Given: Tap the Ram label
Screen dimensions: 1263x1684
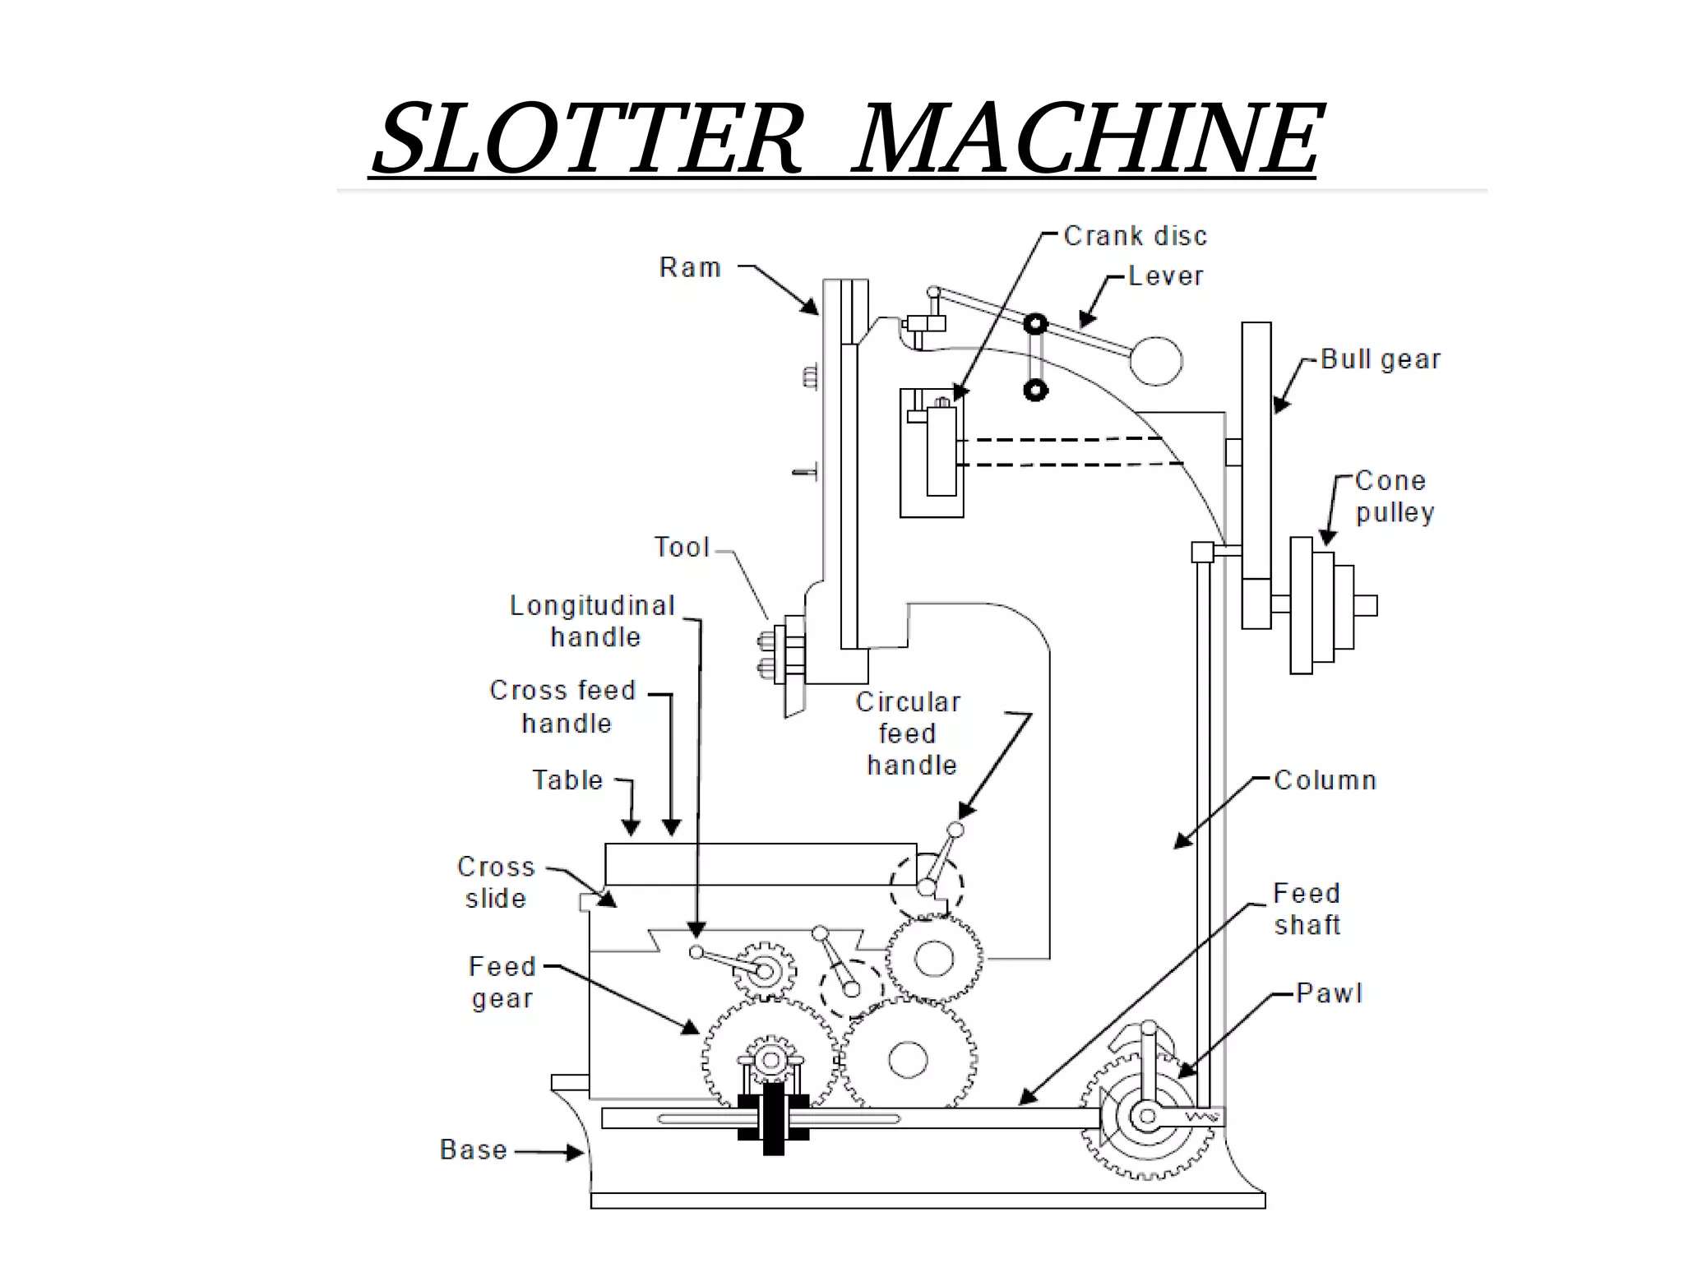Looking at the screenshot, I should pyautogui.click(x=690, y=267).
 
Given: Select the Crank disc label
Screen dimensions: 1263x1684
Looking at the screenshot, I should pyautogui.click(x=1135, y=236).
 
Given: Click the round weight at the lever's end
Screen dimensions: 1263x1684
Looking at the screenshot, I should pyautogui.click(x=1155, y=360).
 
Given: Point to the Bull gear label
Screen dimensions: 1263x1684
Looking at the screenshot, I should pyautogui.click(x=1381, y=359).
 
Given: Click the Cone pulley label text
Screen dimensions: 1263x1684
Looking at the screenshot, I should pyautogui.click(x=1394, y=496).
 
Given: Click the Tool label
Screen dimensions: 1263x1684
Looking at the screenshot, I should pyautogui.click(x=681, y=547).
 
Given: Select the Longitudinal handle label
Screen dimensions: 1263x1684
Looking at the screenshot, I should pyautogui.click(x=593, y=621).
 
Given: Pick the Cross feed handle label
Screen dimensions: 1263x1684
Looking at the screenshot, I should pyautogui.click(x=563, y=706).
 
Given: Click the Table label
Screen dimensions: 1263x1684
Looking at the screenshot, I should pyautogui.click(x=567, y=780).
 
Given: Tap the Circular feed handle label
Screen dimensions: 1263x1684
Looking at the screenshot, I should pyautogui.click(x=909, y=733).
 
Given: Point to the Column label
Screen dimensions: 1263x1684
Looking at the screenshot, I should pyautogui.click(x=1325, y=780).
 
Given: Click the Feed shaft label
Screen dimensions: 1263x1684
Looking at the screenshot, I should pyautogui.click(x=1307, y=909).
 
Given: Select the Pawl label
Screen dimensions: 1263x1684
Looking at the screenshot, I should pyautogui.click(x=1329, y=992).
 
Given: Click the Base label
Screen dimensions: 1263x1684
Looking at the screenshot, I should pyautogui.click(x=473, y=1149).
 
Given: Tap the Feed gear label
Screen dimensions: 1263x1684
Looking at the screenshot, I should pyautogui.click(x=502, y=982).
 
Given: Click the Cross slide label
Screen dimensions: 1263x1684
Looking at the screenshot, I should pyautogui.click(x=495, y=882).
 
